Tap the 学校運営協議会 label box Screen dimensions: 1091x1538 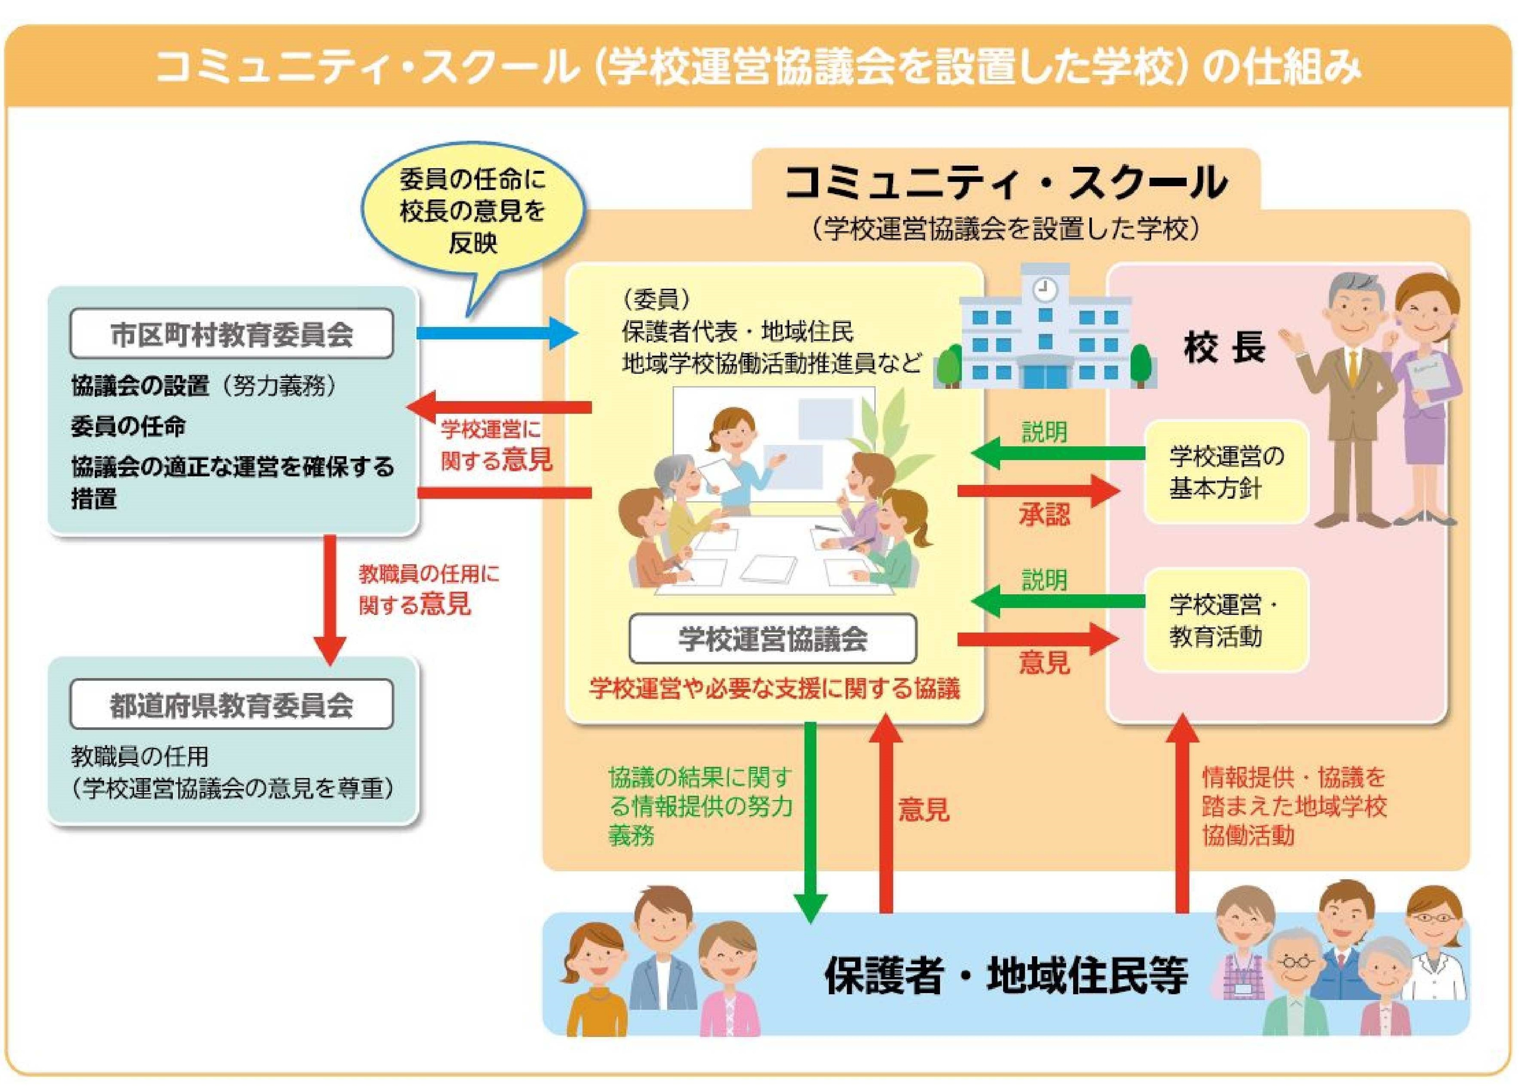(x=772, y=638)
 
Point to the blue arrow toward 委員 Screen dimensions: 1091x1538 (x=497, y=332)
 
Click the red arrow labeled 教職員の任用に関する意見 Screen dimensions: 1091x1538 (x=330, y=598)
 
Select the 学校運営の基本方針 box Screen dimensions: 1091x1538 (x=1226, y=472)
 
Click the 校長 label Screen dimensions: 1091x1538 (x=1224, y=348)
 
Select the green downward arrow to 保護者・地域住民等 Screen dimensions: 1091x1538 (x=811, y=819)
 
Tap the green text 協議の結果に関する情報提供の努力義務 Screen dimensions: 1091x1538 (x=700, y=806)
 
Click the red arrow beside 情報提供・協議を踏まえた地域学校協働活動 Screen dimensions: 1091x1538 (x=1182, y=816)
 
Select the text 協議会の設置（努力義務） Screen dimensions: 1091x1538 (x=203, y=386)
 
